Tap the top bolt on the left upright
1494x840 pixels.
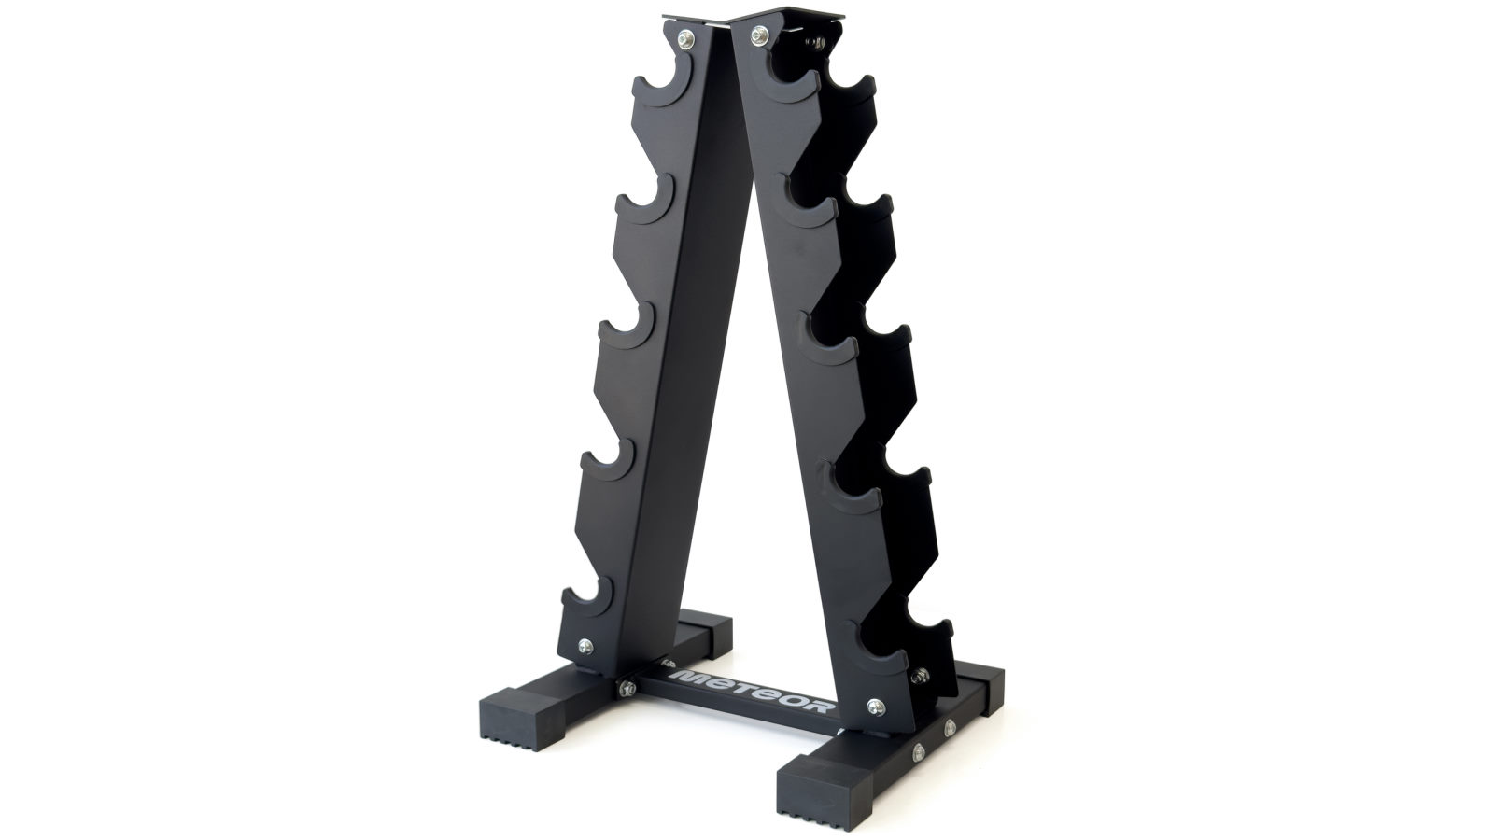686,38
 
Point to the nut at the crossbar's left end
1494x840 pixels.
624,690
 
